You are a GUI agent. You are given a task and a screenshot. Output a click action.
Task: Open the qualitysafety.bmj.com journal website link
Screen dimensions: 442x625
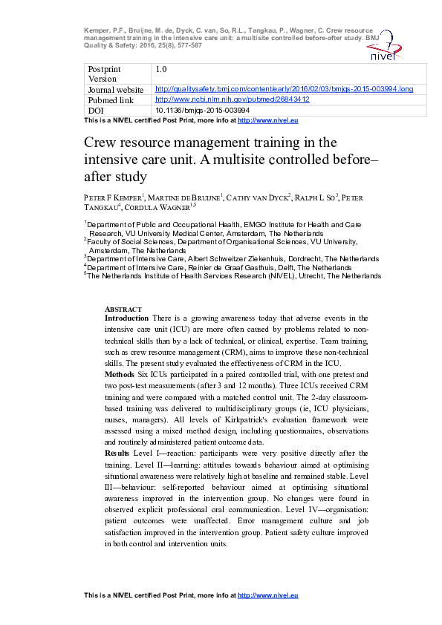(x=284, y=89)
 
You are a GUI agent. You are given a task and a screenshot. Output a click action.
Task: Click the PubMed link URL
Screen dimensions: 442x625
(x=232, y=99)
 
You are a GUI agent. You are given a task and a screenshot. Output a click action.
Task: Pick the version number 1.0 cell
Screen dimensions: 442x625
(x=160, y=69)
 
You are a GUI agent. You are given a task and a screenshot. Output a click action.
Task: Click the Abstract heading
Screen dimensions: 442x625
(x=119, y=309)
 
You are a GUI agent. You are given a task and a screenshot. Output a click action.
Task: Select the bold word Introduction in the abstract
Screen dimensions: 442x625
(x=127, y=318)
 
